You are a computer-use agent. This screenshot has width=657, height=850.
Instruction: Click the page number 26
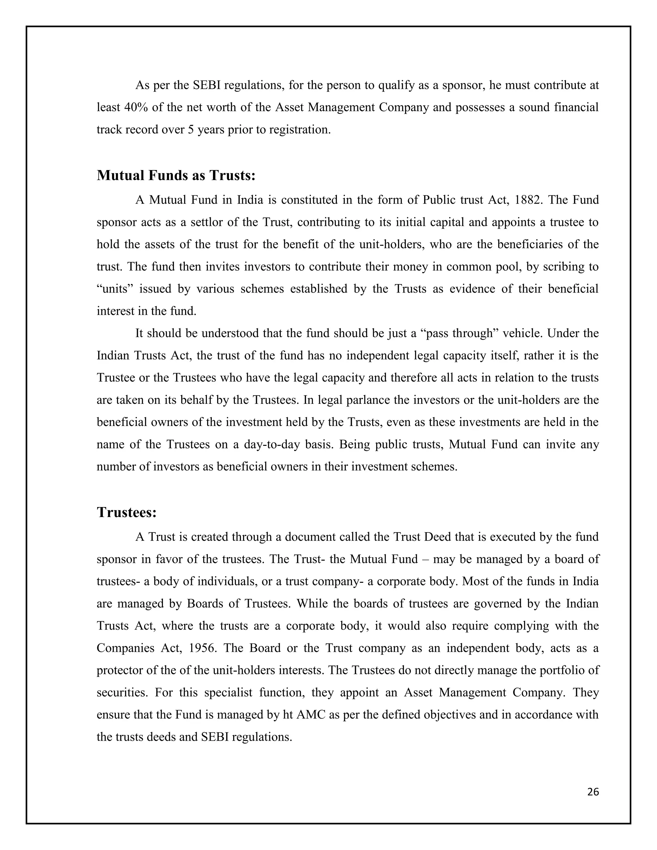pyautogui.click(x=593, y=792)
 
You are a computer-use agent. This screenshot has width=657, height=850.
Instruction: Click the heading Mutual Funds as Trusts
pyautogui.click(x=176, y=175)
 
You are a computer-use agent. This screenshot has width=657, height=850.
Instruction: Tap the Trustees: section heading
pyautogui.click(x=126, y=513)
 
